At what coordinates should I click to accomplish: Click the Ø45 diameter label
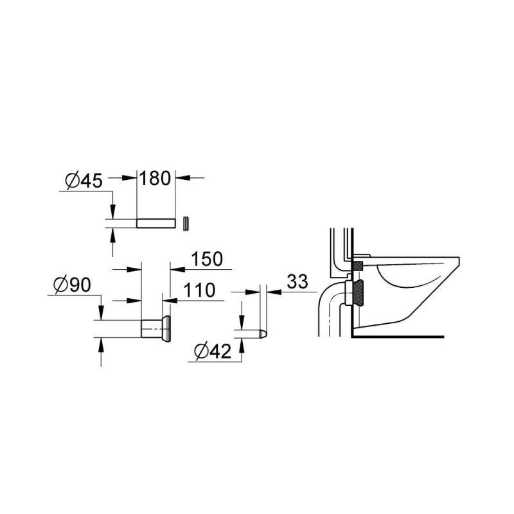[x=84, y=181]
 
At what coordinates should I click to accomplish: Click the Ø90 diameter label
[x=71, y=284]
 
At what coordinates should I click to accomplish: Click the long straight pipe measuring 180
[x=156, y=222]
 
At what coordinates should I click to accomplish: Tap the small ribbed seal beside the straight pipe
[x=186, y=222]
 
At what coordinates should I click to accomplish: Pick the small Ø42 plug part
[x=262, y=334]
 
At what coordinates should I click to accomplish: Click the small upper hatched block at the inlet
[x=357, y=264]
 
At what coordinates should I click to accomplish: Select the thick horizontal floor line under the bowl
[x=398, y=335]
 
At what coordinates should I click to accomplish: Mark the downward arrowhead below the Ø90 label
[x=100, y=315]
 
